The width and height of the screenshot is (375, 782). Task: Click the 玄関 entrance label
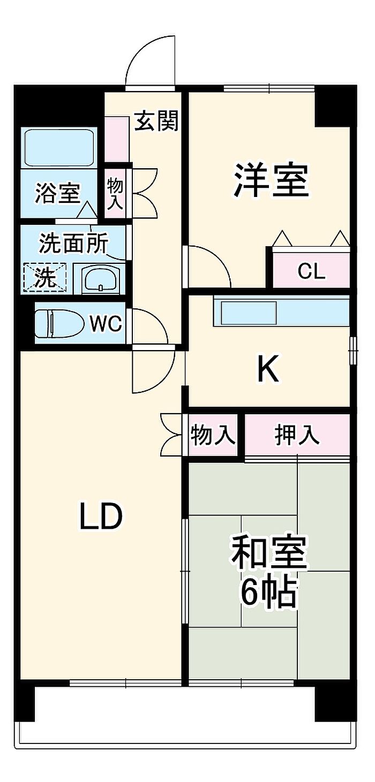point(156,122)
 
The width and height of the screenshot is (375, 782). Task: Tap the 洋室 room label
point(271,180)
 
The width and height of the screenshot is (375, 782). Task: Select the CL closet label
point(311,272)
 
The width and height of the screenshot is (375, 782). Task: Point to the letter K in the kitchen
point(268,369)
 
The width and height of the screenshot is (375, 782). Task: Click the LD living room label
point(101,517)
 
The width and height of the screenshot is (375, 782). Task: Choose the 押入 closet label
point(297,435)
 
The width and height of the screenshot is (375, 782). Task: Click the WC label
point(106,323)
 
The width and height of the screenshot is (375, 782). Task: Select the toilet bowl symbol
point(59,324)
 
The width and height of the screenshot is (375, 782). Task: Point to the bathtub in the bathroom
point(59,148)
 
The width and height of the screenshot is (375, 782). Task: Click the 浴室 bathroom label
point(57,193)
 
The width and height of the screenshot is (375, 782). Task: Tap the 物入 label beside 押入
point(213,436)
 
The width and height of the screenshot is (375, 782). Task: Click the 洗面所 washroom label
point(73,244)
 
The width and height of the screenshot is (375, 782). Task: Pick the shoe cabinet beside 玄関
point(116,139)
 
